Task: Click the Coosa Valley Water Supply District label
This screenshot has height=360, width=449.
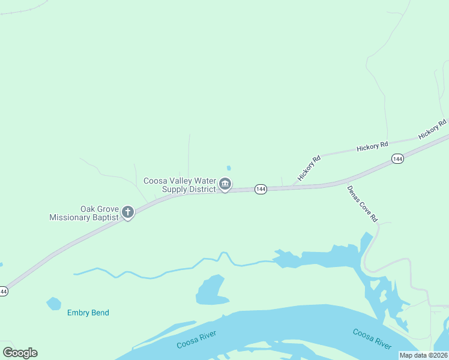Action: pyautogui.click(x=179, y=185)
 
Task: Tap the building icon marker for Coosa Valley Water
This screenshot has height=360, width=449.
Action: pyautogui.click(x=225, y=184)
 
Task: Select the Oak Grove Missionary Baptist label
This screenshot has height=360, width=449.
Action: pyautogui.click(x=84, y=213)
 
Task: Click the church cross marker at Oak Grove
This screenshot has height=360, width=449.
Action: pyautogui.click(x=127, y=212)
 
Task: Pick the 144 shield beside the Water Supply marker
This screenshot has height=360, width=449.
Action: pyautogui.click(x=260, y=189)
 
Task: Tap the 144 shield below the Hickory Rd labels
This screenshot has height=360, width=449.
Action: pyautogui.click(x=397, y=158)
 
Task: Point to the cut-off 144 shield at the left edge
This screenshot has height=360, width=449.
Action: pyautogui.click(x=3, y=292)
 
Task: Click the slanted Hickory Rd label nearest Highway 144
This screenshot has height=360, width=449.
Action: pyautogui.click(x=310, y=167)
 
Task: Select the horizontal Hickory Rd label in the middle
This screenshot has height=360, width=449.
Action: pyautogui.click(x=372, y=146)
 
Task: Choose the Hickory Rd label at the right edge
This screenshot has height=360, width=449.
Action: pyautogui.click(x=433, y=129)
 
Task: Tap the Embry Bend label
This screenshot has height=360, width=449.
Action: pyautogui.click(x=88, y=313)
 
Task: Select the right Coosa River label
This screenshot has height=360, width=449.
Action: pyautogui.click(x=372, y=339)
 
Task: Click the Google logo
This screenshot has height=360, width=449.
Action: pyautogui.click(x=20, y=353)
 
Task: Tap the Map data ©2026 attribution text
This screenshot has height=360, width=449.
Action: pyautogui.click(x=424, y=355)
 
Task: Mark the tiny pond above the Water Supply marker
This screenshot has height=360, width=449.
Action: pyautogui.click(x=228, y=168)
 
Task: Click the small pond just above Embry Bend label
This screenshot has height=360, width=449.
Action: pyautogui.click(x=54, y=304)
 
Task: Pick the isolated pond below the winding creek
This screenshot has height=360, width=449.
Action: pyautogui.click(x=211, y=291)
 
